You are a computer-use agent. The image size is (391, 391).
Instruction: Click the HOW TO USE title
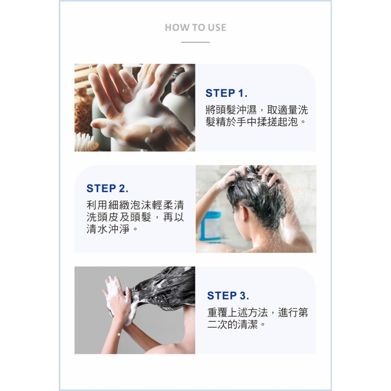pyautogui.click(x=195, y=27)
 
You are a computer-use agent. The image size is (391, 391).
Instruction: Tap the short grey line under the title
pyautogui.click(x=195, y=42)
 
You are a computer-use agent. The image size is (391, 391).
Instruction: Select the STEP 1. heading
pyautogui.click(x=226, y=93)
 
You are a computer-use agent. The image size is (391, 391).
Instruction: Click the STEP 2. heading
pyautogui.click(x=108, y=188)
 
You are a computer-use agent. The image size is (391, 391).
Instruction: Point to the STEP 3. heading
pyautogui.click(x=228, y=295)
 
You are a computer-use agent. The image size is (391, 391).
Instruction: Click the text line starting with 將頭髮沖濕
pyautogui.click(x=256, y=109)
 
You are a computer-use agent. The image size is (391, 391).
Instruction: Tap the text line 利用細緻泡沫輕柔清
pyautogui.click(x=135, y=205)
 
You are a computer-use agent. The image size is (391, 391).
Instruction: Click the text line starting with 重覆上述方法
pyautogui.click(x=257, y=312)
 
